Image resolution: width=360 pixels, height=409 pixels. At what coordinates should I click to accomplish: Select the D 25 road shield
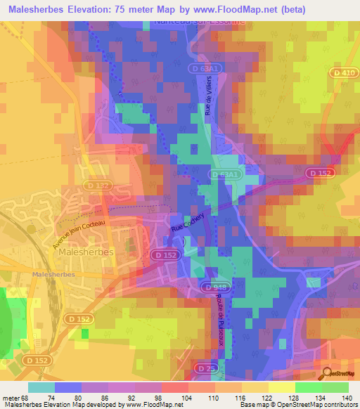(x=205, y=368)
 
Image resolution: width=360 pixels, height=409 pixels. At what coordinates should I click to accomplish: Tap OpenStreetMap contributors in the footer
(x=309, y=405)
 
